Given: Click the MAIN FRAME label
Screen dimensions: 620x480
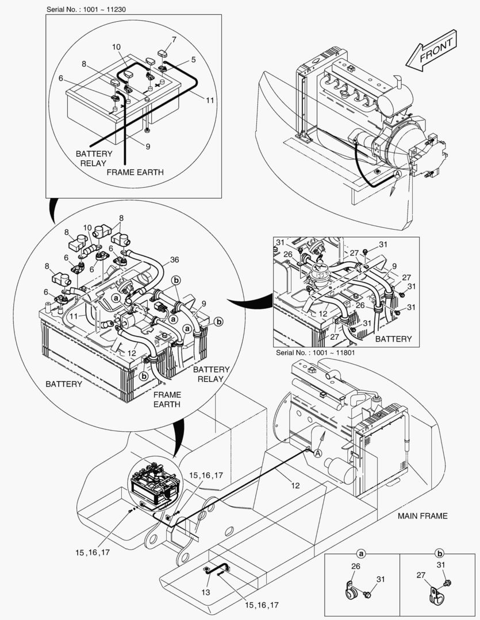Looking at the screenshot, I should click(422, 516).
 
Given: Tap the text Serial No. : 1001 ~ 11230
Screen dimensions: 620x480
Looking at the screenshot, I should click(89, 10).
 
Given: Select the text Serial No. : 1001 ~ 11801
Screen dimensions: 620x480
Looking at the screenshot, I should click(316, 352).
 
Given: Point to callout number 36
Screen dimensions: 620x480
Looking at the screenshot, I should click(174, 259).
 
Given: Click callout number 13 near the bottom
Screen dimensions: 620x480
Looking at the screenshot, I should click(206, 592).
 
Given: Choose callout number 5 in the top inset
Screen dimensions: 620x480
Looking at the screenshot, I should click(193, 59).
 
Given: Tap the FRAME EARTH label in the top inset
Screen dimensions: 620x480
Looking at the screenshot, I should click(135, 172).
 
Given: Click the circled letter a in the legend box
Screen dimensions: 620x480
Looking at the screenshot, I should click(362, 554).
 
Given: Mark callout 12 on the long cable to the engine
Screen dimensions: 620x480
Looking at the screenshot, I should click(295, 486).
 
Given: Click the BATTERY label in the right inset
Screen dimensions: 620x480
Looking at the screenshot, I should click(393, 339).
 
